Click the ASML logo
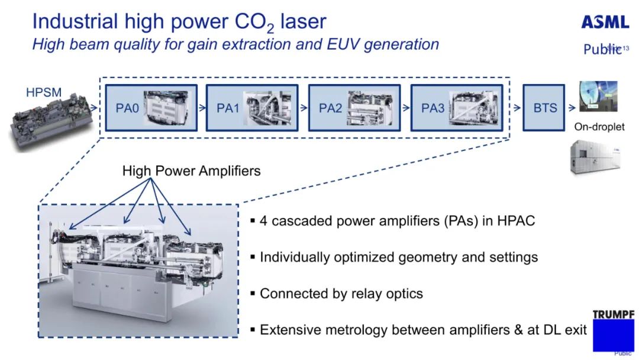tap(605, 22)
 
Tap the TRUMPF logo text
tap(614, 314)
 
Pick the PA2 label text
tap(330, 108)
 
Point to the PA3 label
tap(433, 108)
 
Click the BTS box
tap(545, 108)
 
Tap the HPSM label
tap(44, 92)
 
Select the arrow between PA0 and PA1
tap(202, 108)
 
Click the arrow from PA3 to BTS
tap(517, 108)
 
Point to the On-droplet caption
tap(599, 127)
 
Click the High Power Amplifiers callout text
tap(191, 171)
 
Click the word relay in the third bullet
tap(366, 294)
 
